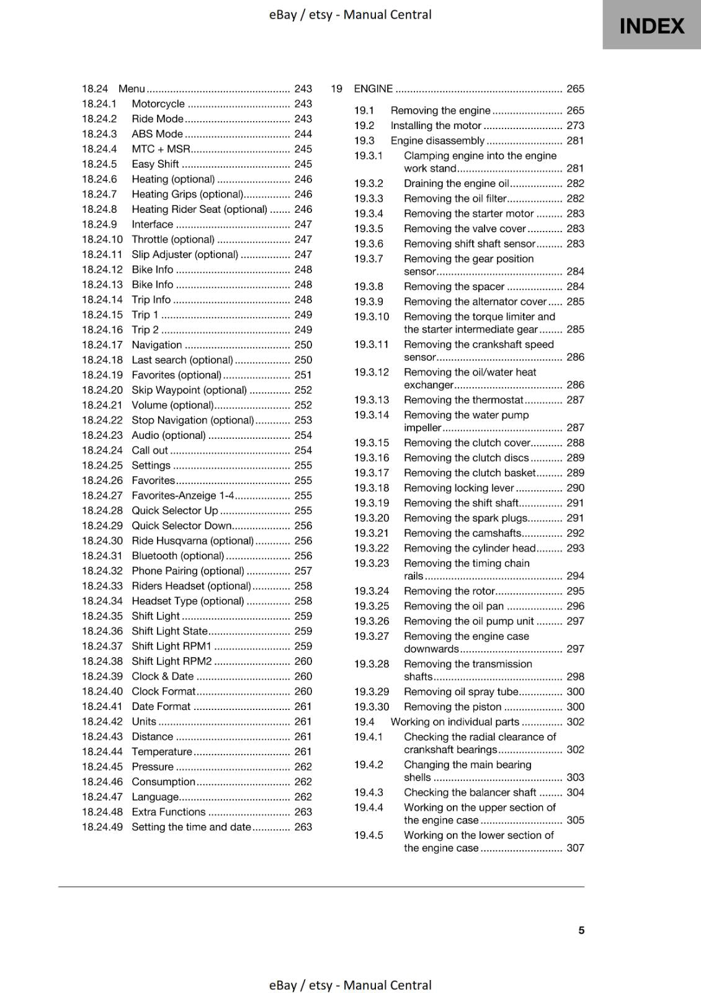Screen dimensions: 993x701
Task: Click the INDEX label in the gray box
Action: [x=651, y=26]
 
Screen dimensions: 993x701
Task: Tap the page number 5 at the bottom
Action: [x=581, y=930]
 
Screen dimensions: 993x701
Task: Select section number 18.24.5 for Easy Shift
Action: [x=99, y=164]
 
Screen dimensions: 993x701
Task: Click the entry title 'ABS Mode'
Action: [x=157, y=134]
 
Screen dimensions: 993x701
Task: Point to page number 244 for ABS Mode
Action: [x=303, y=134]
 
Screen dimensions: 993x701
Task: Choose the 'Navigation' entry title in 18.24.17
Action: [x=156, y=345]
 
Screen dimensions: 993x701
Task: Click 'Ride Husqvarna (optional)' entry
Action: [x=192, y=541]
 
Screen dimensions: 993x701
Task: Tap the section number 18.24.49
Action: [x=102, y=827]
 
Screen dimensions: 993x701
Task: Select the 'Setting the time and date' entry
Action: [x=191, y=827]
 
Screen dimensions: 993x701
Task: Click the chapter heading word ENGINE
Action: [x=373, y=89]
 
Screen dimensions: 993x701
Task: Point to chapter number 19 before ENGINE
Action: [x=336, y=89]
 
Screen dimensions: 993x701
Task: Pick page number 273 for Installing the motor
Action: [x=575, y=125]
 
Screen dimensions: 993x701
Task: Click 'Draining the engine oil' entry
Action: [x=456, y=184]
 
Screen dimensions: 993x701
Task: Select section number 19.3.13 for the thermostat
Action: [x=372, y=400]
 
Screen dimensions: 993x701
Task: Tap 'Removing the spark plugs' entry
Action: [x=465, y=518]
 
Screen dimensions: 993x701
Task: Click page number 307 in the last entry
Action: [x=575, y=848]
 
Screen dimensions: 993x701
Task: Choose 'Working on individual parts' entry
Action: [x=455, y=722]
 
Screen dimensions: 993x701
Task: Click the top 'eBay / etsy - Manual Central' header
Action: [x=350, y=14]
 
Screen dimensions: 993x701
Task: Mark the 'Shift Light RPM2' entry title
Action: [x=171, y=661]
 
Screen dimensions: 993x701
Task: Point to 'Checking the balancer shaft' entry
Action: [x=470, y=793]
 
